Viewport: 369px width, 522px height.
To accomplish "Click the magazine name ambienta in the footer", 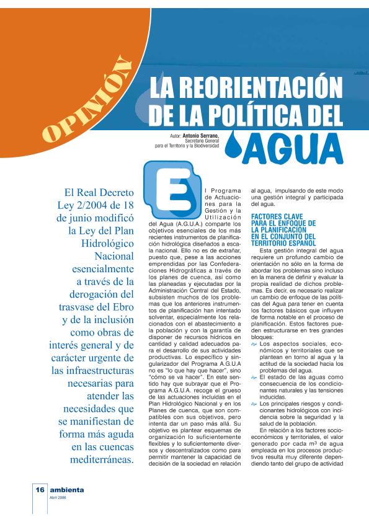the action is tap(67, 489).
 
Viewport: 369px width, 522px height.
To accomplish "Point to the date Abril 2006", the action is tap(59, 497).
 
